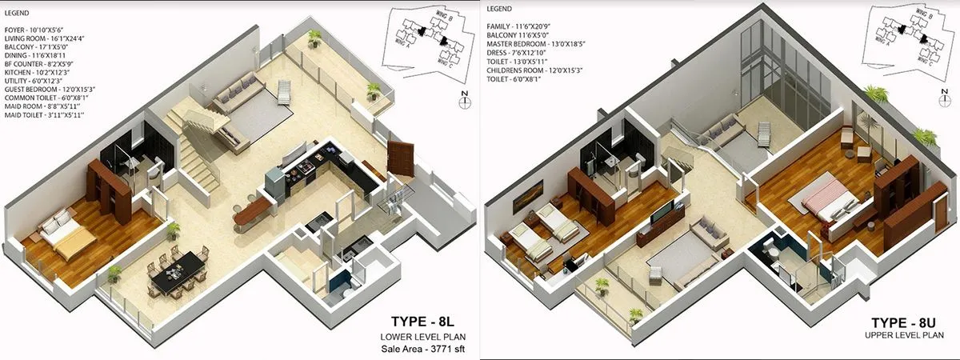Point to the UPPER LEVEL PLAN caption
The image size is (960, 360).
901,337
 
